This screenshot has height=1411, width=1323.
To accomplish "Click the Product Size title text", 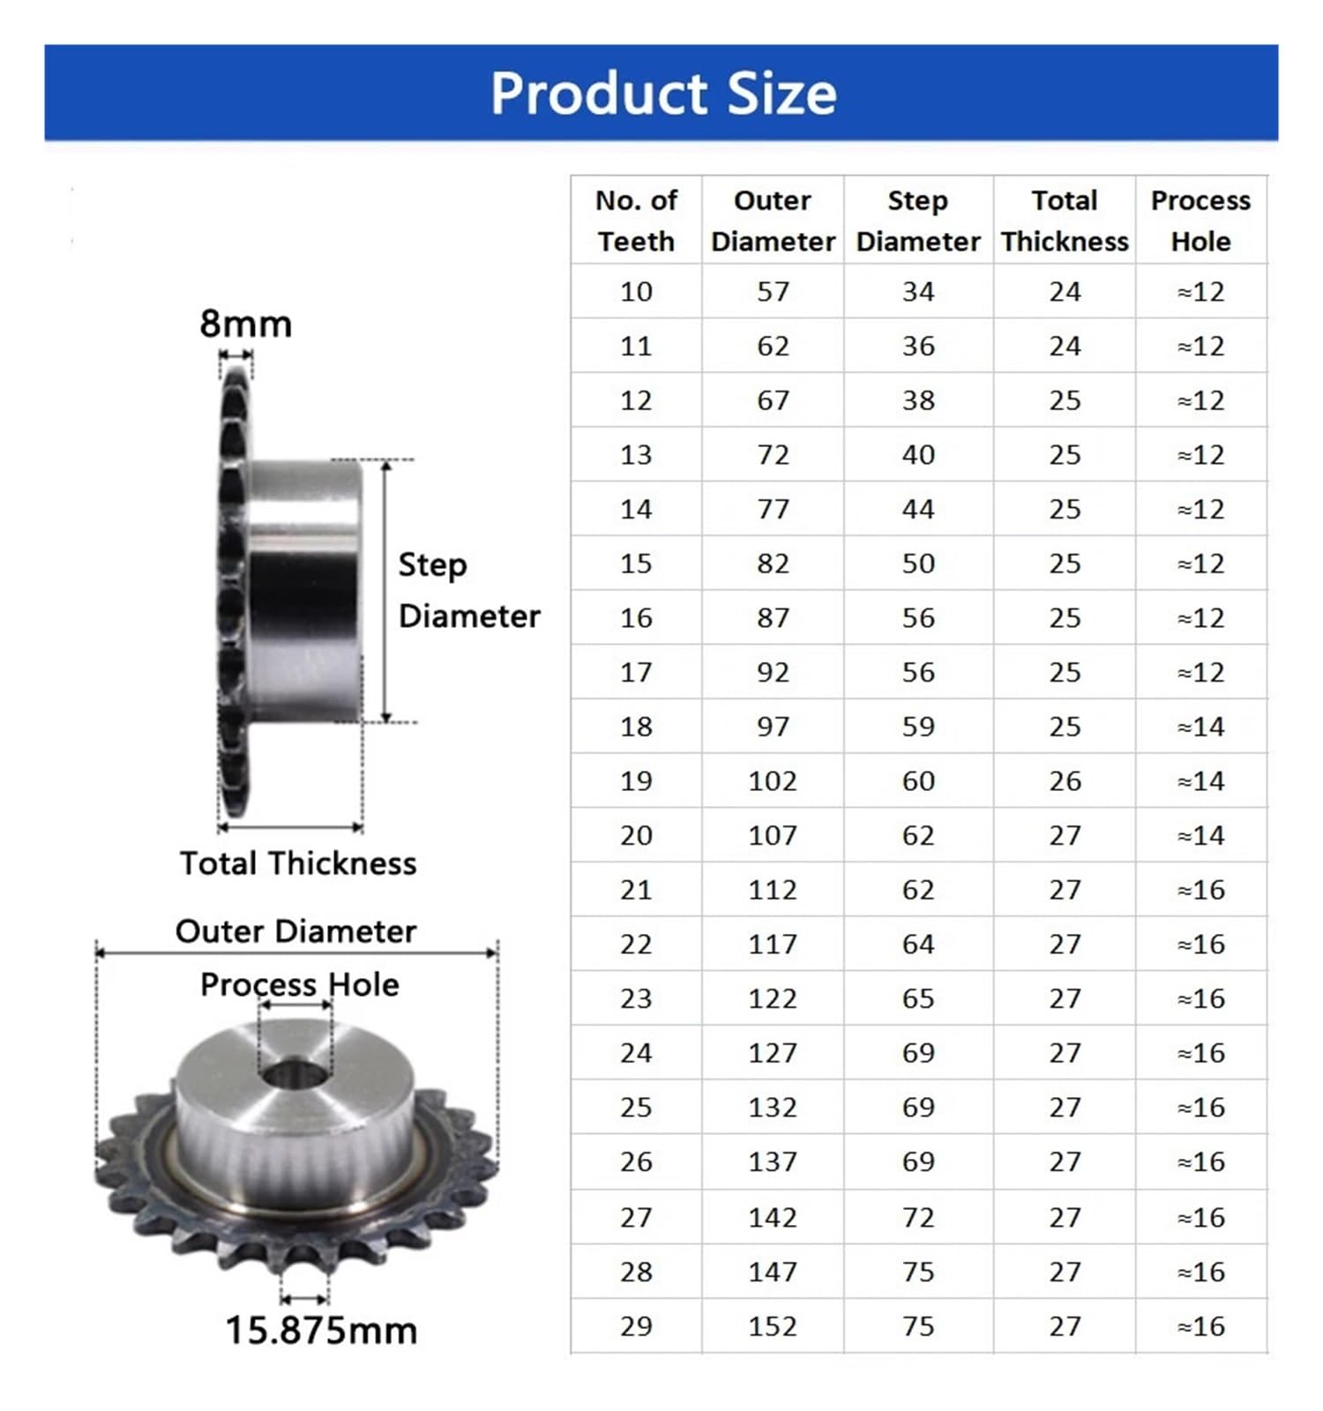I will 662,93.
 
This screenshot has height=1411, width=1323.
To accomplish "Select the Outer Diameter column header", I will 773,220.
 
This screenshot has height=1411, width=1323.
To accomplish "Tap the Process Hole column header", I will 1200,220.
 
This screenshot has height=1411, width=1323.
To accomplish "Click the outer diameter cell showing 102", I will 773,781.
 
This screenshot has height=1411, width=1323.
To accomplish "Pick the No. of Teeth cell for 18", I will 636,727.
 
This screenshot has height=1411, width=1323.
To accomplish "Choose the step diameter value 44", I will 918,510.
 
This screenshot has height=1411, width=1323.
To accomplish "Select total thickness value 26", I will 1065,781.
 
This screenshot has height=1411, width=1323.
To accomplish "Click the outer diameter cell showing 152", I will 773,1326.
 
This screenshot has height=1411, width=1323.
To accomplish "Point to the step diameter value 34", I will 918,292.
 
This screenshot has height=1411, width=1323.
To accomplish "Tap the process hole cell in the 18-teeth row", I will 1200,727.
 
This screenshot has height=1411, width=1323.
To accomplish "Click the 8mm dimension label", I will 245,324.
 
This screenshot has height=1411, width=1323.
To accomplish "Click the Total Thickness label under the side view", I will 298,863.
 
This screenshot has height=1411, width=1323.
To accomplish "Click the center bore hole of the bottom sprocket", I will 295,1075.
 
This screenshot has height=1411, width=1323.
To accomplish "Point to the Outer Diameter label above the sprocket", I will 295,931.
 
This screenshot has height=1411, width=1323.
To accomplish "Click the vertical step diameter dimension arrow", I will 386,591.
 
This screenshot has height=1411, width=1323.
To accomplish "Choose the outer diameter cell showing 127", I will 773,1053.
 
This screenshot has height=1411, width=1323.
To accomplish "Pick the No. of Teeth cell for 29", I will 636,1326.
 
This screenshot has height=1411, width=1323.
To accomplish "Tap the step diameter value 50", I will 918,564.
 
